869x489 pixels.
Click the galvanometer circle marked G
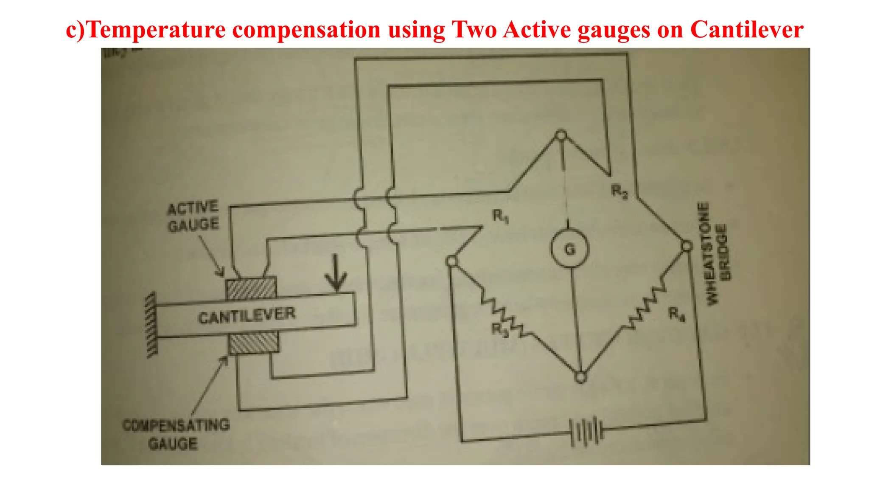(x=570, y=249)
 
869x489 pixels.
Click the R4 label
(x=676, y=315)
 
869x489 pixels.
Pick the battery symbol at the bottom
(x=586, y=432)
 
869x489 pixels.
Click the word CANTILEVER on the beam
(x=247, y=316)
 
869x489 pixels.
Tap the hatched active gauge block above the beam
(x=251, y=288)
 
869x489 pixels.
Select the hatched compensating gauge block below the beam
(x=254, y=343)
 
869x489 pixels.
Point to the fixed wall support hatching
(x=151, y=325)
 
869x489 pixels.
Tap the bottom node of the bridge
(x=580, y=377)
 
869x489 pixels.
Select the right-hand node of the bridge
(x=686, y=246)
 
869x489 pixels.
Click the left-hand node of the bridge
(x=452, y=261)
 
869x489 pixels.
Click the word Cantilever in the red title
(x=747, y=30)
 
